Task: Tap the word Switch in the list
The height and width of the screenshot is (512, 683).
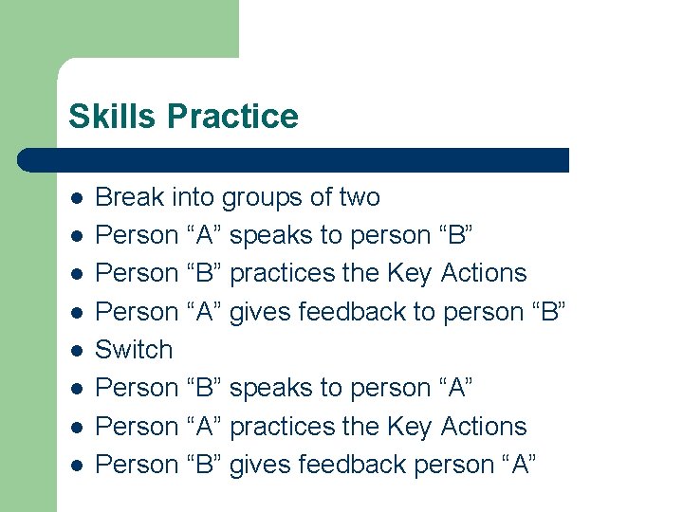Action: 135,350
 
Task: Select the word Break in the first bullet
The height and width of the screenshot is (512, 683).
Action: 130,197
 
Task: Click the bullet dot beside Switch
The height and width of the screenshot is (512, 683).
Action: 77,351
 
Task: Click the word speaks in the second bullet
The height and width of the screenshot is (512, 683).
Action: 269,236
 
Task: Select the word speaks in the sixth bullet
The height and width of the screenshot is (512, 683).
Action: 269,389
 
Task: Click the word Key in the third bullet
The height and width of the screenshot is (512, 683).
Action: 410,274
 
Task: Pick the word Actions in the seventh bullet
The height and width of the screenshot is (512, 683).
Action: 483,427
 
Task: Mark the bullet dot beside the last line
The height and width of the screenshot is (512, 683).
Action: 77,466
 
